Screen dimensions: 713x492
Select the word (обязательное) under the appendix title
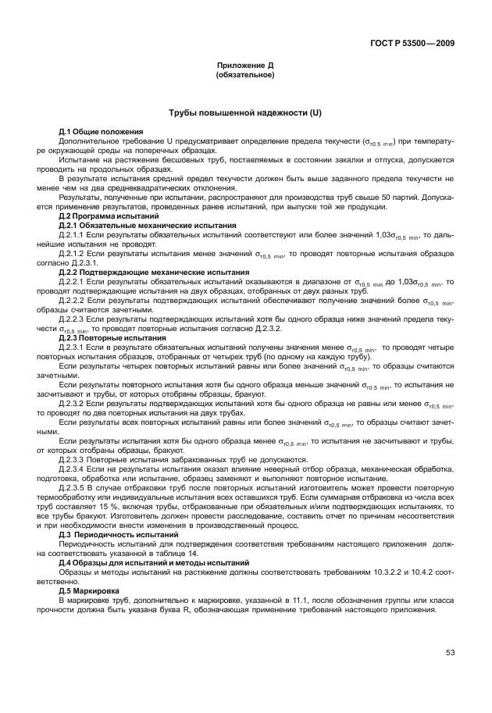click(244, 77)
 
